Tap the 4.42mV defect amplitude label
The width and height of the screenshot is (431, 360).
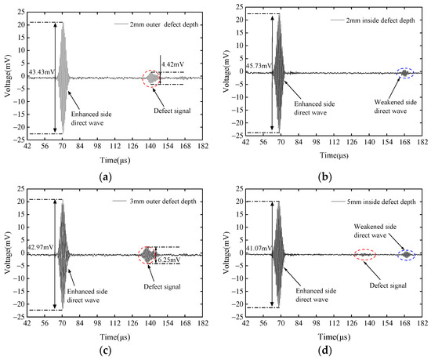(x=172, y=64)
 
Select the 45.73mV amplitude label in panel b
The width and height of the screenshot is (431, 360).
(x=259, y=64)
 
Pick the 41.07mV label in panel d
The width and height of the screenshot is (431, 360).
(x=259, y=247)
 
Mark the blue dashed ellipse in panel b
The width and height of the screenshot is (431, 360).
(x=404, y=73)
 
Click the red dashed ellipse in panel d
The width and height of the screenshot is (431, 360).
(x=364, y=254)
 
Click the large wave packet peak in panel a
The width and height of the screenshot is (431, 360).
(x=63, y=24)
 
